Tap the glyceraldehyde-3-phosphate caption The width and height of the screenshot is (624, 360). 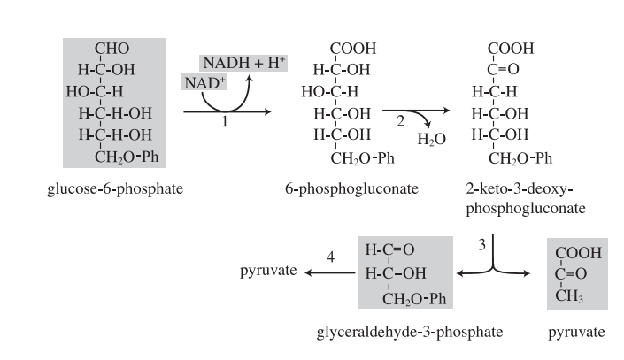click(410, 332)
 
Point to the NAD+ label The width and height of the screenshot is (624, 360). click(199, 82)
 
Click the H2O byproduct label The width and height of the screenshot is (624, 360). click(433, 139)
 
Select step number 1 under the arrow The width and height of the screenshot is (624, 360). click(225, 124)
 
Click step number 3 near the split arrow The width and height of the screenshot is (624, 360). click(482, 244)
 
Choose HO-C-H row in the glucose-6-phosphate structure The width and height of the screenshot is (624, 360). click(100, 91)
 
